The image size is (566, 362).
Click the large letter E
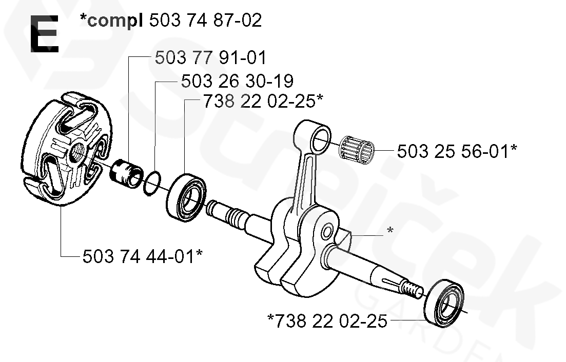coord(44,34)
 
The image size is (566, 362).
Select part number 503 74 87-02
coord(205,20)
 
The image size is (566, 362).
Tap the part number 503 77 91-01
coord(210,58)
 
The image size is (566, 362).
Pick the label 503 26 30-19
coord(237,81)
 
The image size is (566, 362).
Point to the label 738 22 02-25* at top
coord(263,101)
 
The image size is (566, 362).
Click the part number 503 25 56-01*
coord(457,151)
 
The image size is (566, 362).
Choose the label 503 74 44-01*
coord(142,257)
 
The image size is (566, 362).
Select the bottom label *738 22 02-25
coord(327,321)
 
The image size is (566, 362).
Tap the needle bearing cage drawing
coord(357,150)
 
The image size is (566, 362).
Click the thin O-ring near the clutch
coord(152,184)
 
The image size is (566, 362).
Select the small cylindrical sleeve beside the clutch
coord(126,174)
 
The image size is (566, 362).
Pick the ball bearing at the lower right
coord(444,303)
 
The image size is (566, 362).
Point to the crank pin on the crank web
coord(327,231)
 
